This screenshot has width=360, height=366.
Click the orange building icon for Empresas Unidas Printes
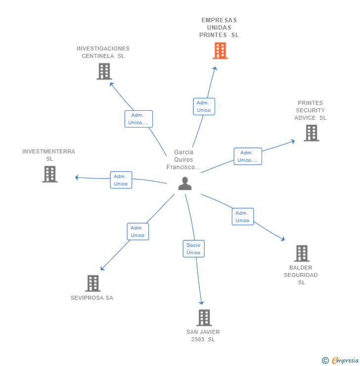pyautogui.click(x=220, y=50)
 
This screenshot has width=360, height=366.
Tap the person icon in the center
pyautogui.click(x=185, y=183)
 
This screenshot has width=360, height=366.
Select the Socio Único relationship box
pyautogui.click(x=194, y=249)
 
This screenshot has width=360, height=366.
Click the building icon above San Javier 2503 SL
pyautogui.click(x=204, y=318)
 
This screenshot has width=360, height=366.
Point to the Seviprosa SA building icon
pyautogui.click(x=93, y=283)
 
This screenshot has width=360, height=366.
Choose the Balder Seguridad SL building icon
pyautogui.click(x=302, y=253)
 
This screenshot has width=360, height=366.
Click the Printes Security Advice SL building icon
pyautogui.click(x=312, y=133)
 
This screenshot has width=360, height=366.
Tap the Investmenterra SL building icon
pyautogui.click(x=49, y=174)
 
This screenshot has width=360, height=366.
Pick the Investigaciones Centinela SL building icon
pyautogui.click(x=104, y=71)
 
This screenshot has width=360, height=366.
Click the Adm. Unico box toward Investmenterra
pyautogui.click(x=121, y=180)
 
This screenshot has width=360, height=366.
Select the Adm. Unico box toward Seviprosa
pyautogui.click(x=138, y=231)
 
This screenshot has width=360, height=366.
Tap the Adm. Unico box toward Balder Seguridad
pyautogui.click(x=243, y=216)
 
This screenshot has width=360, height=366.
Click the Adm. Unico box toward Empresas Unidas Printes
pyautogui.click(x=204, y=106)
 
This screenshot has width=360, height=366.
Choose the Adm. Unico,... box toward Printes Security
pyautogui.click(x=248, y=156)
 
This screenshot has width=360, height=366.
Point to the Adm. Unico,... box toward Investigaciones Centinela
pyautogui.click(x=138, y=119)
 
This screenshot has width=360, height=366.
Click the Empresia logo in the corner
pyautogui.click(x=340, y=360)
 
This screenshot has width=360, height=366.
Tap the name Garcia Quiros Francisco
pyautogui.click(x=183, y=160)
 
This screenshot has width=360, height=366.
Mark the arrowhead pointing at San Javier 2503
pyautogui.click(x=201, y=303)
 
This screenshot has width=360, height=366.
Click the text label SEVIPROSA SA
pyautogui.click(x=92, y=298)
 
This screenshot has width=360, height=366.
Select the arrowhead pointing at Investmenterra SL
pyautogui.click(x=77, y=178)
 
